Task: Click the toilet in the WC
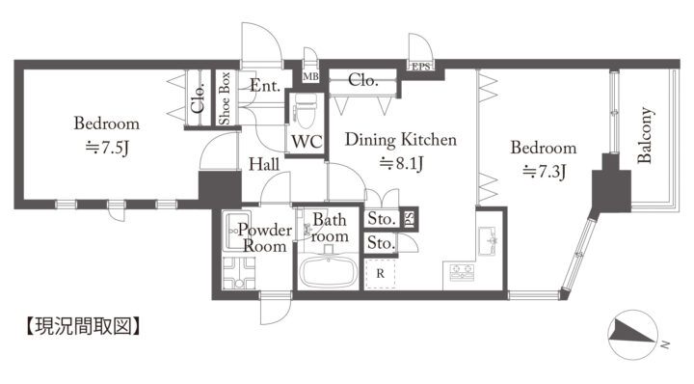click(x=306, y=110)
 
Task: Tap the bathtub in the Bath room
click(x=329, y=271)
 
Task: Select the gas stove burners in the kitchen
click(x=462, y=272)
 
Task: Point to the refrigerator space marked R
click(x=380, y=274)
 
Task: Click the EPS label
click(x=421, y=67)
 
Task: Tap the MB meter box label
click(x=310, y=76)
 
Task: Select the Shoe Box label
click(x=225, y=97)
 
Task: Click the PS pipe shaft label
click(x=409, y=218)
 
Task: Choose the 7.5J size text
click(x=108, y=148)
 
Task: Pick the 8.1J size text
click(x=402, y=164)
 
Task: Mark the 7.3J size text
click(x=544, y=171)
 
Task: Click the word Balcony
click(x=645, y=135)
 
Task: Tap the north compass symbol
click(x=633, y=335)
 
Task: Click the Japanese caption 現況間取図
click(x=84, y=326)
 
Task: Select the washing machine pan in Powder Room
click(x=239, y=273)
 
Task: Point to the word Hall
click(x=264, y=164)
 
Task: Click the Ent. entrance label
click(x=265, y=85)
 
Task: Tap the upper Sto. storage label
click(x=382, y=218)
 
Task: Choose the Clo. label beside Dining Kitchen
click(x=363, y=80)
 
